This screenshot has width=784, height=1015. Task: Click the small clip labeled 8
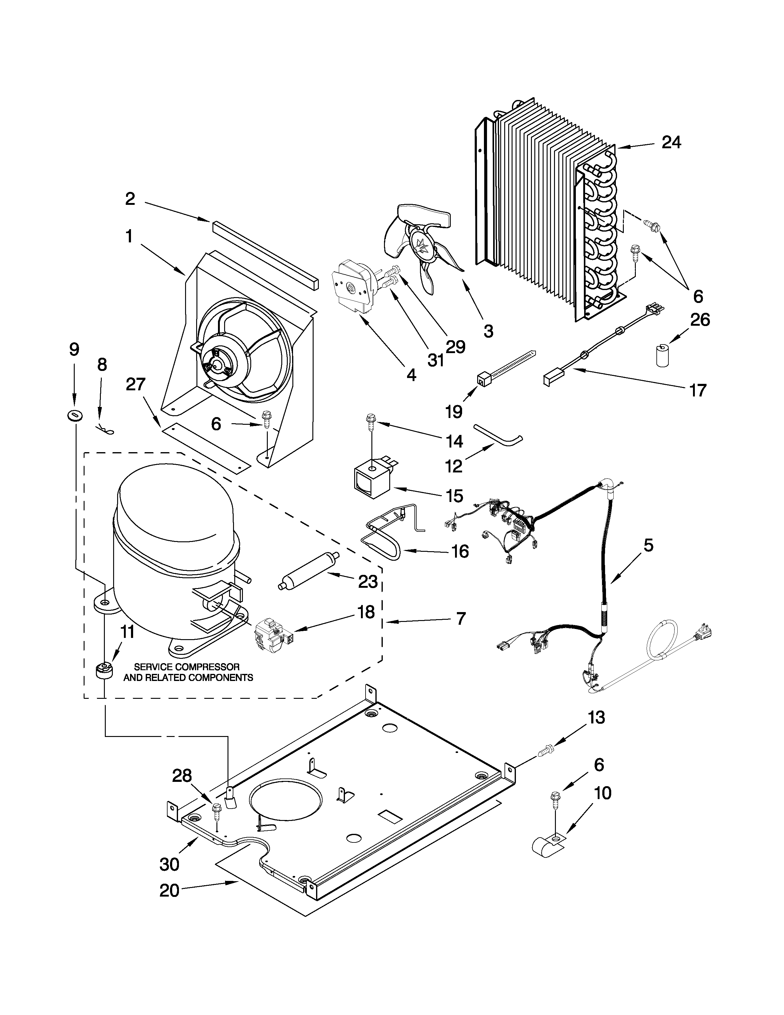coord(106,430)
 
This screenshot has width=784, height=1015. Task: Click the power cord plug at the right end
coord(702,633)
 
